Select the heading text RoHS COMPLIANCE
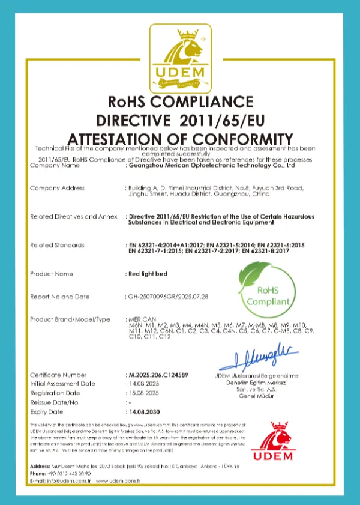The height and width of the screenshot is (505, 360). click(x=180, y=101)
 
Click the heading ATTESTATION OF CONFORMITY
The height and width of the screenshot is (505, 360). click(x=180, y=137)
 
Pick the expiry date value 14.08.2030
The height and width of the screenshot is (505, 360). click(x=146, y=413)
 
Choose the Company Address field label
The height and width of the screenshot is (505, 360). click(x=57, y=189)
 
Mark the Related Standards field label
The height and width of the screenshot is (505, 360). click(x=57, y=245)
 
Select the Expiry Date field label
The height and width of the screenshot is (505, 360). click(x=46, y=413)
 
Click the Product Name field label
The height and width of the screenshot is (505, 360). click(x=52, y=274)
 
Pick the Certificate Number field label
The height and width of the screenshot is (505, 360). click(x=58, y=375)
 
